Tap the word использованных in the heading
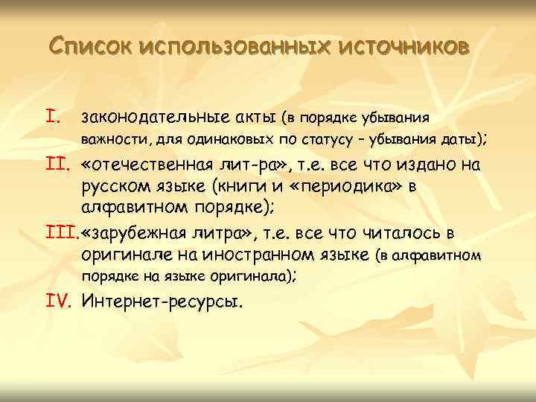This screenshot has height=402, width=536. click(x=234, y=48)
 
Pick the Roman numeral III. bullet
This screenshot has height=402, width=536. click(x=62, y=235)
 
